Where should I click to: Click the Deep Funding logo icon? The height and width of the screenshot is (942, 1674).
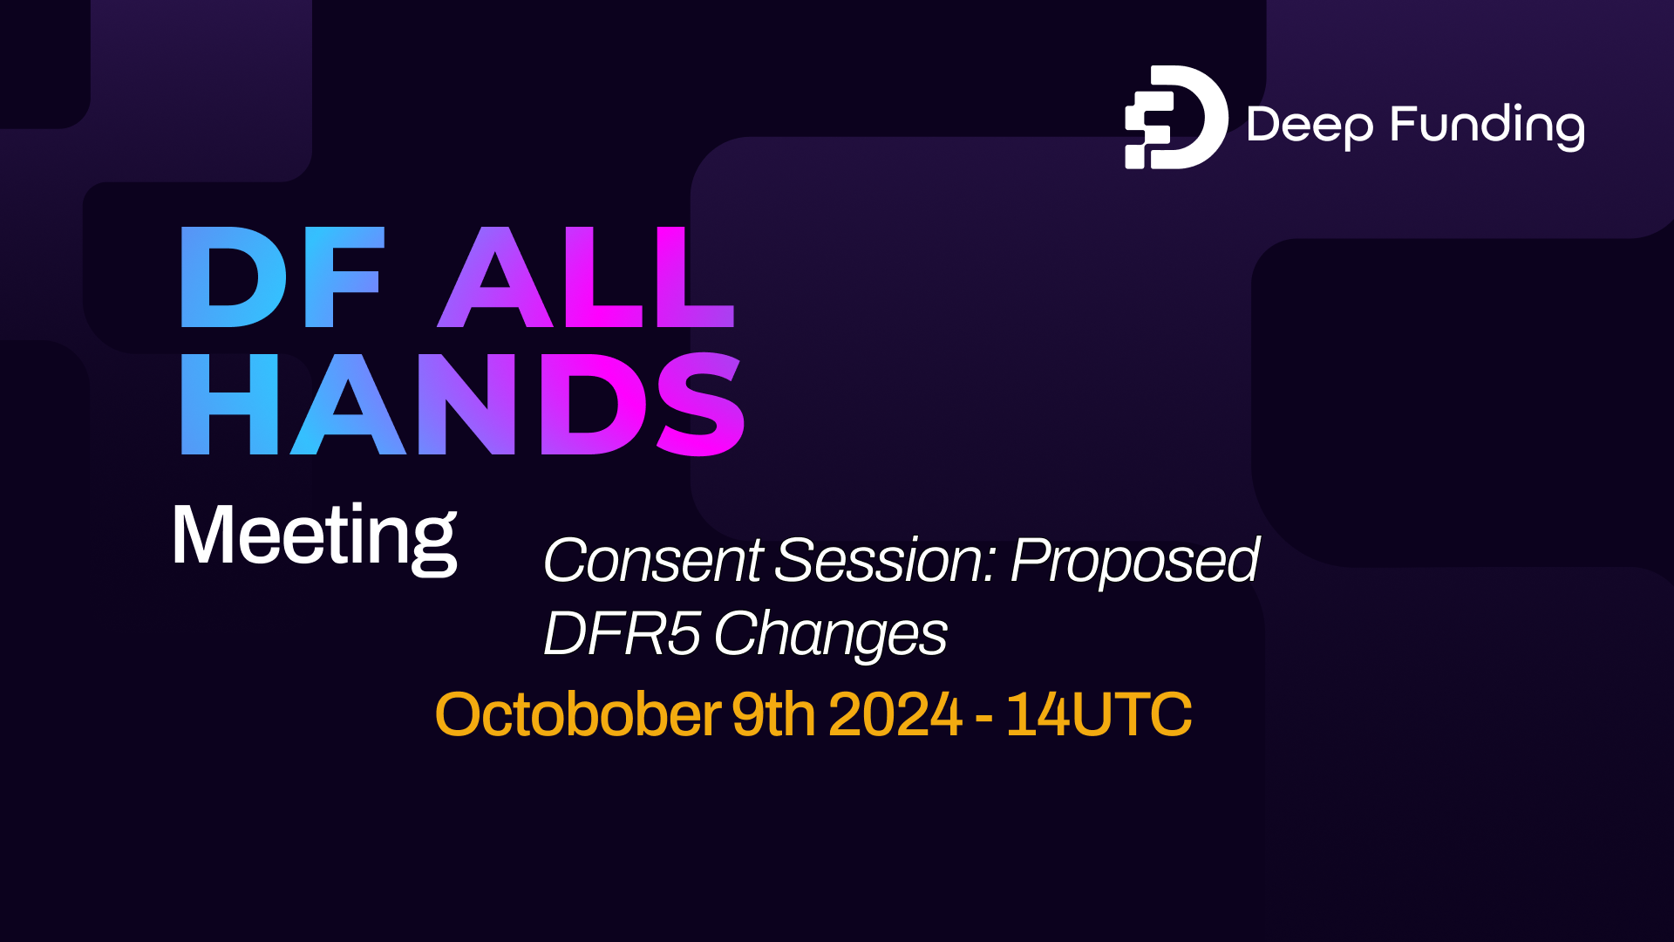click(x=1175, y=117)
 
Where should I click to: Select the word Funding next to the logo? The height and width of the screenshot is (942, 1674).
click(x=1487, y=126)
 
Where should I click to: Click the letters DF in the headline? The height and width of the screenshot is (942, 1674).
click(x=281, y=277)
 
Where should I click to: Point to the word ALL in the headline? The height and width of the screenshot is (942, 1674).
click(x=586, y=277)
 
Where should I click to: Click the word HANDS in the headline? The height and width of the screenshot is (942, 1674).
click(x=462, y=405)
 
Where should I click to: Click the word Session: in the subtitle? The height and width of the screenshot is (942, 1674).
click(x=886, y=560)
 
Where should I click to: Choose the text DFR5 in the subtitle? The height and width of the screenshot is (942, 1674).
click(x=621, y=633)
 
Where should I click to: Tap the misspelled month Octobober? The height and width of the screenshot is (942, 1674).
click(x=577, y=714)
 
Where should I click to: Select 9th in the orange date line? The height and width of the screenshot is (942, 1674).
click(x=772, y=714)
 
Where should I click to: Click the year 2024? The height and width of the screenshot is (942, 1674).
click(x=895, y=714)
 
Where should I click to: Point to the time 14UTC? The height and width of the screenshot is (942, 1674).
click(x=1099, y=714)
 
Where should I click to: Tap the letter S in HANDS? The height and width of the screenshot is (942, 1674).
click(x=700, y=405)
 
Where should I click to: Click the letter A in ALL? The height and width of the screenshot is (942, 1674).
click(x=495, y=277)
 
